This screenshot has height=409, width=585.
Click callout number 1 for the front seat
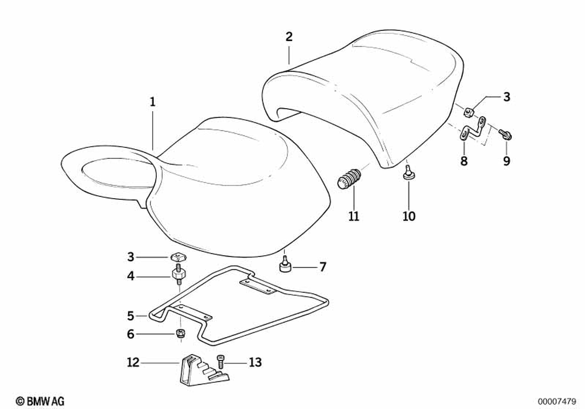152,102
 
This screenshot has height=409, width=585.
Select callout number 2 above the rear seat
289,36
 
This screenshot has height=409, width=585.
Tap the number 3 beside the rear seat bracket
507,97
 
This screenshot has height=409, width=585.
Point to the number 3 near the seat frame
130,256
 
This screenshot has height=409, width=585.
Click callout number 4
130,275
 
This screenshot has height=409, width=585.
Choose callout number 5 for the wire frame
130,316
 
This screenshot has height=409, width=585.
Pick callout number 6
130,334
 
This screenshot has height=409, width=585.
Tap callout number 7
322,268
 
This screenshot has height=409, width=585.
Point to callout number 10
409,217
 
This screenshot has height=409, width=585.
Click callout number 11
353,217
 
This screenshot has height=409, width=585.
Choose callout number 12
133,363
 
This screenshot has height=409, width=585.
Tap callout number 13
254,363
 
